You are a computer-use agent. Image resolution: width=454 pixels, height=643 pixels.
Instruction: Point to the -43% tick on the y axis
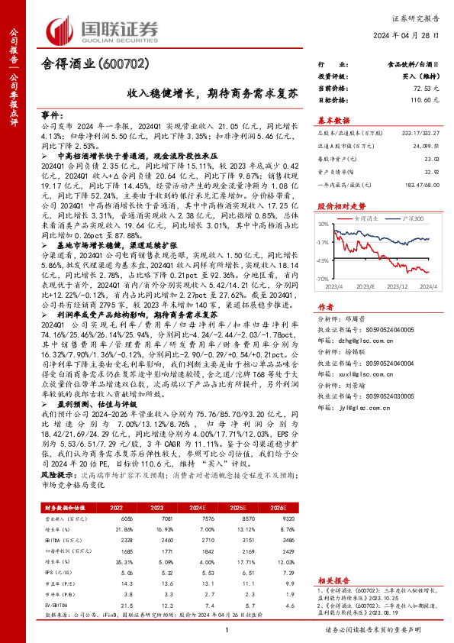[x=324, y=260]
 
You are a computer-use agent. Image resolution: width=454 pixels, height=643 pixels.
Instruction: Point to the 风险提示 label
[x=50, y=475]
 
